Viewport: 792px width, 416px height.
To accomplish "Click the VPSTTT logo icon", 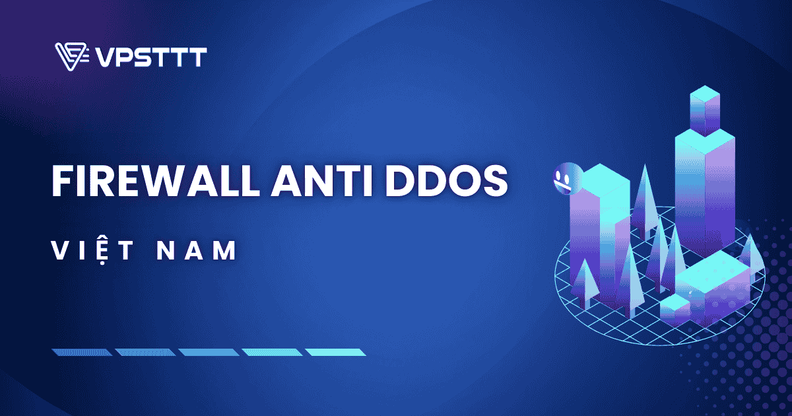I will coord(71,57).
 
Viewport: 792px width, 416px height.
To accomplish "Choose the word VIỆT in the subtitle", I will coord(93,250).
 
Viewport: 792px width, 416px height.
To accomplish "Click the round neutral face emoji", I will coord(563,176).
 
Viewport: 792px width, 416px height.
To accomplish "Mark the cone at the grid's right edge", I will coord(752,254).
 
